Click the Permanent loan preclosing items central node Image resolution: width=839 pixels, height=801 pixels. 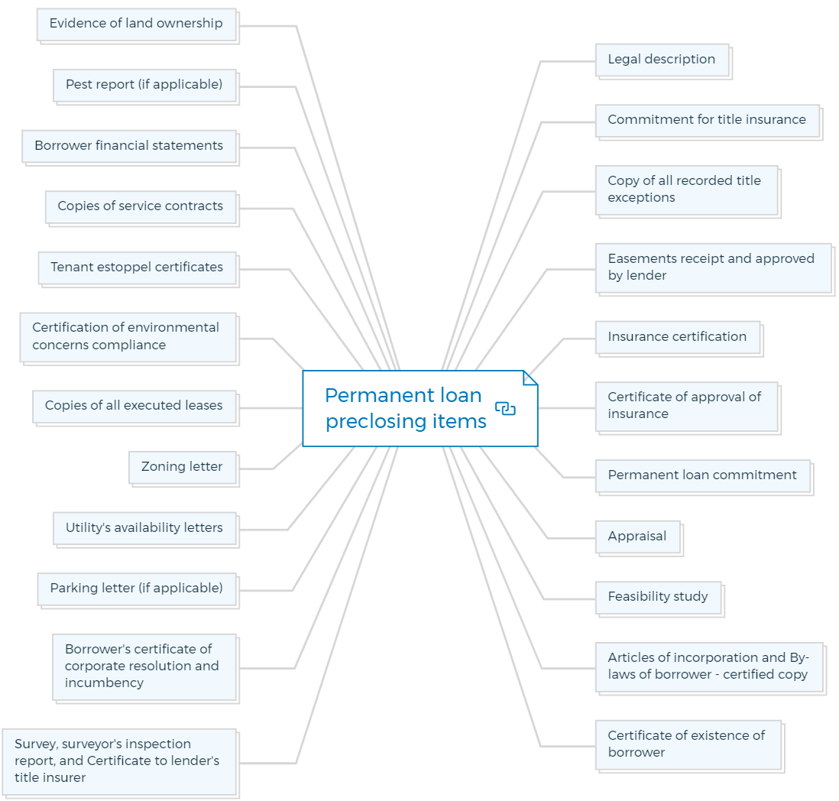point(420,408)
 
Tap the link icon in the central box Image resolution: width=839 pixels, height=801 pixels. point(505,408)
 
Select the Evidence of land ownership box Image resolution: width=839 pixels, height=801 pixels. point(137,24)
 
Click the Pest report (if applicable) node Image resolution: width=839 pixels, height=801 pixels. point(144,86)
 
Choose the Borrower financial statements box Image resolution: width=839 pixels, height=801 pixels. point(129,147)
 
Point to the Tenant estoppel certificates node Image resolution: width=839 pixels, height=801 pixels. point(137,268)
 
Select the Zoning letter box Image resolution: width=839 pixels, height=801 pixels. point(183,468)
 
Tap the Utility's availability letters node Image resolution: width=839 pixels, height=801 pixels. point(144,529)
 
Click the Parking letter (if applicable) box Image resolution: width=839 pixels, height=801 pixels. point(137,589)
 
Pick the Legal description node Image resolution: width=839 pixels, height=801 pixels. point(662,60)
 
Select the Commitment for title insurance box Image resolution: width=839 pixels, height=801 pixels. point(708,121)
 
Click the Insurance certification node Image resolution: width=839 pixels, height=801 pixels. point(678,338)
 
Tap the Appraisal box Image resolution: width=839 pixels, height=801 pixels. point(638,537)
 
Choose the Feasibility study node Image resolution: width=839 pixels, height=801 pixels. point(659,598)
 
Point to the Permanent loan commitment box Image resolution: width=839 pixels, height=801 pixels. point(703,476)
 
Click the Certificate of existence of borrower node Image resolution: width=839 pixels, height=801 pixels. point(688,744)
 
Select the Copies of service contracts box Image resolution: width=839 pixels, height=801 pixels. point(141,207)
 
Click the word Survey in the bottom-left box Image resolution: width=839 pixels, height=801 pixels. point(36,744)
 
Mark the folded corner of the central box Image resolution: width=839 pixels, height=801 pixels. point(530,378)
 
